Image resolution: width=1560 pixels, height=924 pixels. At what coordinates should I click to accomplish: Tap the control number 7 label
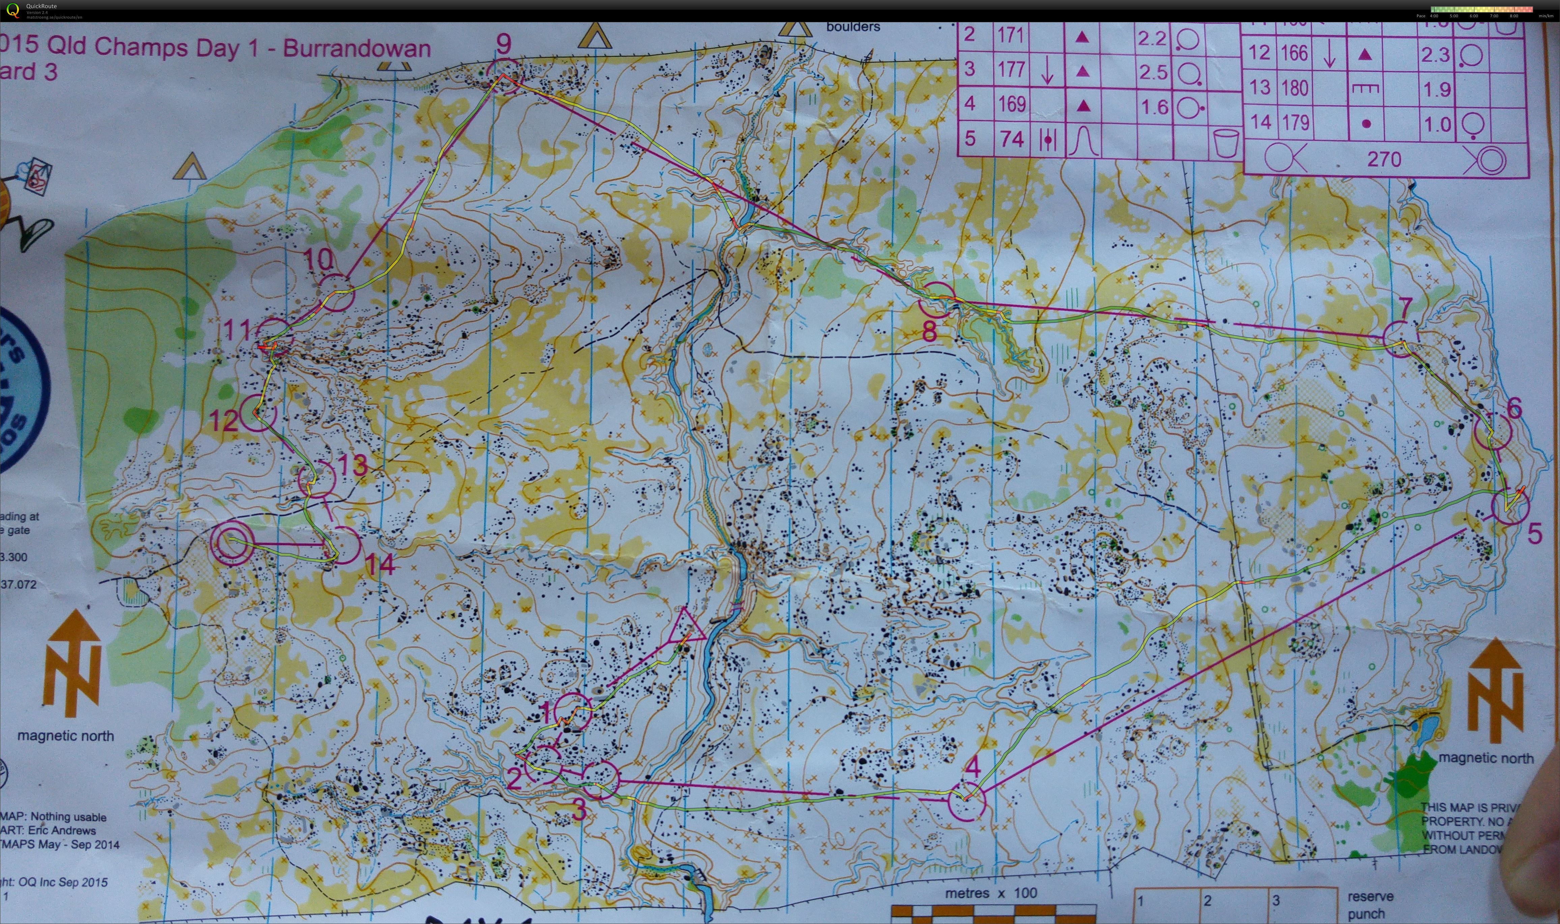pos(1405,307)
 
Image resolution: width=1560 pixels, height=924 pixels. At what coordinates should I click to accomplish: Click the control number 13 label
pos(353,465)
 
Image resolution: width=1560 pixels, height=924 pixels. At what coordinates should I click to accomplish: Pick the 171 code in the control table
pos(1012,34)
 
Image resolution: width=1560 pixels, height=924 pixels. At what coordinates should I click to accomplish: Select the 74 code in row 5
pos(1012,138)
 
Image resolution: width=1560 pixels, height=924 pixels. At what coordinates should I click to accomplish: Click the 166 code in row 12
pos(1295,53)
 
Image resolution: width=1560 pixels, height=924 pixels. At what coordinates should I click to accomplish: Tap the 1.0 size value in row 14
pos(1437,123)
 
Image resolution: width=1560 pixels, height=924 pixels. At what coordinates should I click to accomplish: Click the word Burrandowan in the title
pos(357,49)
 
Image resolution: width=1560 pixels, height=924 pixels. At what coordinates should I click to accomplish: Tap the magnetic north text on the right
pos(1486,758)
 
